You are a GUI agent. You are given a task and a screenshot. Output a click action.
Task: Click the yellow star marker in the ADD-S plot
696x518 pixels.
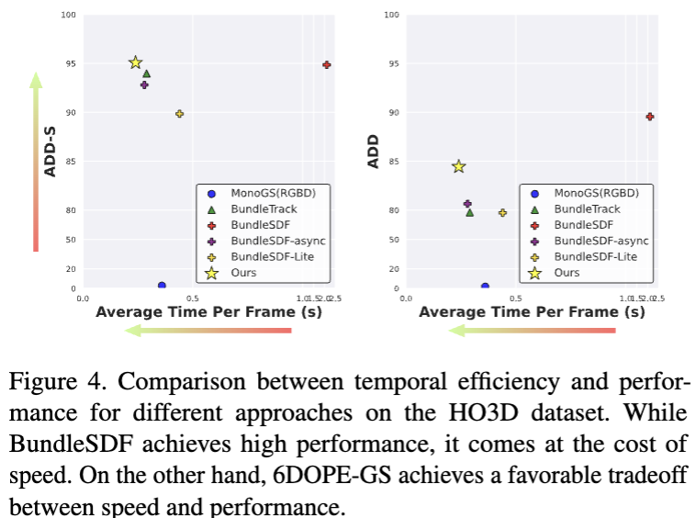135,62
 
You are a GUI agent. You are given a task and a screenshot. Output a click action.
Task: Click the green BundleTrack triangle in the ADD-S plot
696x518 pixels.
146,73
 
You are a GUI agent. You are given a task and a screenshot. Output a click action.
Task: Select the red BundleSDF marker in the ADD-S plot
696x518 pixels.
326,64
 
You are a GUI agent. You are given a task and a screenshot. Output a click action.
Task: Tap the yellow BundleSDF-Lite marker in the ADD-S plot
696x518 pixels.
179,114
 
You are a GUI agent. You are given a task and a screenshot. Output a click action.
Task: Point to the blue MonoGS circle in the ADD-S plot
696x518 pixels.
162,286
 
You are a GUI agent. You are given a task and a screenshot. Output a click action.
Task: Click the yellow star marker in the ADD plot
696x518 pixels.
458,166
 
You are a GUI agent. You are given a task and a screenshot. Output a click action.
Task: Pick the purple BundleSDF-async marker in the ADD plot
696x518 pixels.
467,204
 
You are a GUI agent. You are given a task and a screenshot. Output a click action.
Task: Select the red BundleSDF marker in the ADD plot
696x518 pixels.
649,117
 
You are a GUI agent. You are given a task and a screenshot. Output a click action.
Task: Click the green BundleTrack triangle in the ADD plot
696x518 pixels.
470,212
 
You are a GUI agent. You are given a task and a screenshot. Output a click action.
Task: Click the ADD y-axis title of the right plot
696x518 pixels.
374,152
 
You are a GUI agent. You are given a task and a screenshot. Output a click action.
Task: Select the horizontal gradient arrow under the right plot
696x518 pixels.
533,330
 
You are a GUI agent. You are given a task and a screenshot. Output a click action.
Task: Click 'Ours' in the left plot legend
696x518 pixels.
243,273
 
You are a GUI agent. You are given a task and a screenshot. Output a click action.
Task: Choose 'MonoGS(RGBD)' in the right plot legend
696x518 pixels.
596,193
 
